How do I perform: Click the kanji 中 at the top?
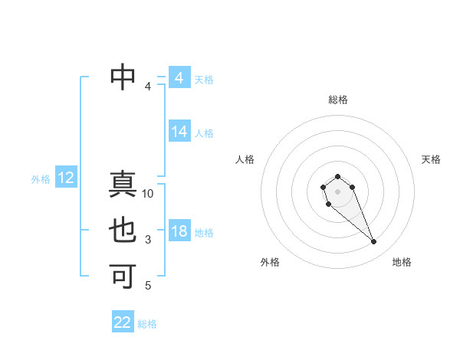pyautogui.click(x=123, y=75)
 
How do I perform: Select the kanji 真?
pyautogui.click(x=123, y=185)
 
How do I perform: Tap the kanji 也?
pyautogui.click(x=123, y=231)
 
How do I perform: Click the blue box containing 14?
pyautogui.click(x=179, y=132)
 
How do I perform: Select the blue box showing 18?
pyautogui.click(x=179, y=231)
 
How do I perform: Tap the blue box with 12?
pyautogui.click(x=66, y=178)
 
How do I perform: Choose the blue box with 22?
pyautogui.click(x=123, y=322)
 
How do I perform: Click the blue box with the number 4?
pyautogui.click(x=179, y=78)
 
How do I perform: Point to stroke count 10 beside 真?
pyautogui.click(x=148, y=194)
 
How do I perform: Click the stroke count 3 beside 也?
pyautogui.click(x=148, y=241)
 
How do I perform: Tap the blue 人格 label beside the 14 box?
pyautogui.click(x=204, y=133)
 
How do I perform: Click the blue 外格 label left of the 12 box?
pyautogui.click(x=41, y=179)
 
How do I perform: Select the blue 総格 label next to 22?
pyautogui.click(x=147, y=324)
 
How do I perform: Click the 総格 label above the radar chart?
pyautogui.click(x=338, y=100)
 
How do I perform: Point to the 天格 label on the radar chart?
pyautogui.click(x=431, y=159)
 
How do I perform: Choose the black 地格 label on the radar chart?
pyautogui.click(x=402, y=262)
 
